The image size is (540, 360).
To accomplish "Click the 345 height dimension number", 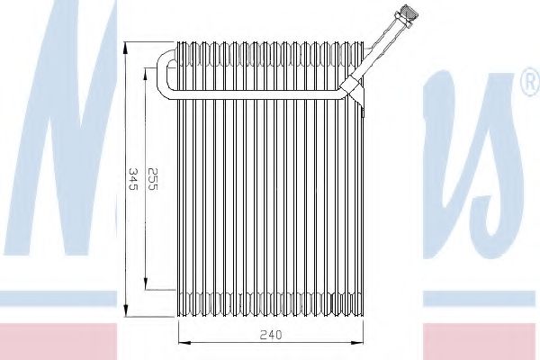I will pyautogui.click(x=133, y=176).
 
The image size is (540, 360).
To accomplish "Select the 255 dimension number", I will pyautogui.click(x=154, y=176).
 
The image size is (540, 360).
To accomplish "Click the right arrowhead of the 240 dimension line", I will pyautogui.click(x=362, y=343).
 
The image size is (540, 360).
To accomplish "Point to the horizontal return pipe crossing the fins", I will pyautogui.click(x=261, y=94).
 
